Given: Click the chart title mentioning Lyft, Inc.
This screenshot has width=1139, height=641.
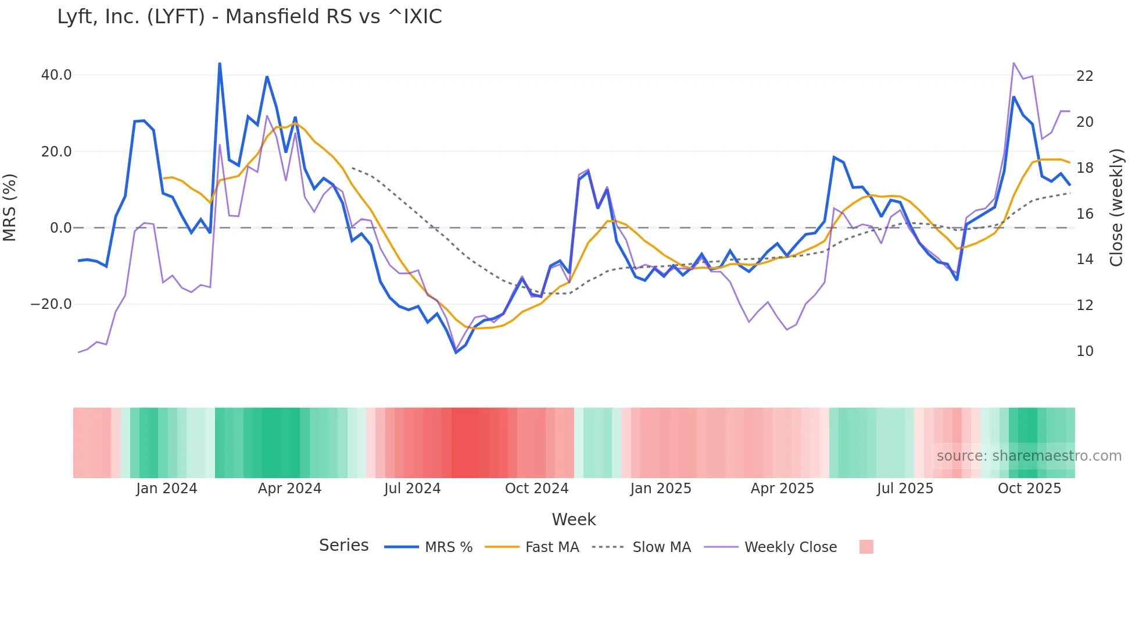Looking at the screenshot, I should tap(249, 17).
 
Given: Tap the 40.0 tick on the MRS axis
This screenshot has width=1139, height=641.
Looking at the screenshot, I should tap(56, 75).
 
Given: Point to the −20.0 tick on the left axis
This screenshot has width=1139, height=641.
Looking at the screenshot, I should tap(51, 304).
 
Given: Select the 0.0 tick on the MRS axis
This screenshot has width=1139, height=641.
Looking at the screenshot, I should tap(60, 228).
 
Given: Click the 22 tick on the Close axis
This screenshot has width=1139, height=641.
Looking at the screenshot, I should tap(1085, 76).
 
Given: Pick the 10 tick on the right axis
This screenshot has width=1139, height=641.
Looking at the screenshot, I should tap(1085, 351).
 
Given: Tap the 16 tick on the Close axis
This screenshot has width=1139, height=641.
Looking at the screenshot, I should tap(1085, 214).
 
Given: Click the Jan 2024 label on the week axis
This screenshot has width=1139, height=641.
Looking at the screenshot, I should tap(167, 489).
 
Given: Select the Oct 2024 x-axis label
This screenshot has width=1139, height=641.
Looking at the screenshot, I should tap(536, 489).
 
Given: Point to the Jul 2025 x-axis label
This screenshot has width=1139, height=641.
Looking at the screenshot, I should tap(905, 489).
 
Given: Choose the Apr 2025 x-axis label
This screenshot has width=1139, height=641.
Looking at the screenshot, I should tap(782, 489).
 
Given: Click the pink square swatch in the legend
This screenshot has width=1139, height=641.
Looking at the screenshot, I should tap(866, 547).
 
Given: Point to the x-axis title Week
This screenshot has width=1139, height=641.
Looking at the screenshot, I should tap(574, 519).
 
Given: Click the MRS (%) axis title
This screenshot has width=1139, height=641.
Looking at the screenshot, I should tap(10, 208).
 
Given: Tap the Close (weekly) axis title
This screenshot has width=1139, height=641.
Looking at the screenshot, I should tap(1116, 208).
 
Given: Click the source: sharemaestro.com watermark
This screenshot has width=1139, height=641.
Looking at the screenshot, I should tap(1029, 456).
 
